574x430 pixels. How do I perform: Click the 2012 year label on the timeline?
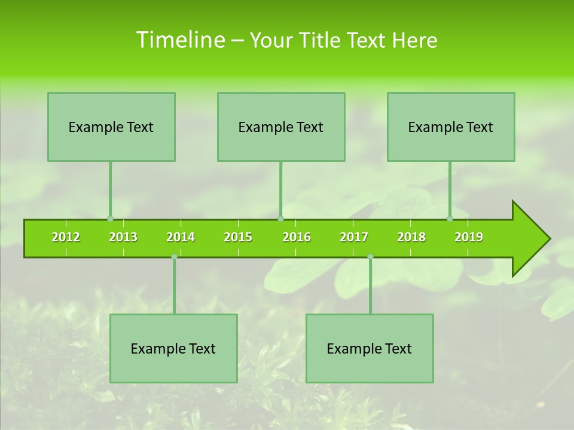click(66, 238)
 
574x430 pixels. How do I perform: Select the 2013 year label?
click(123, 238)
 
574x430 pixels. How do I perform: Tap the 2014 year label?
click(181, 238)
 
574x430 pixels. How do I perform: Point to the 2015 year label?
click(238, 238)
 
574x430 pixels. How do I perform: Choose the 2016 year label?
click(297, 238)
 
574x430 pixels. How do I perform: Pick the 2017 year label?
click(354, 238)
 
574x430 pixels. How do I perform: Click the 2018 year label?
click(411, 238)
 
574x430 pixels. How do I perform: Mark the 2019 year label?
click(469, 238)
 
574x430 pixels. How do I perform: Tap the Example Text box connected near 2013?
click(111, 127)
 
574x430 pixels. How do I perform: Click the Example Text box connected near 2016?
click(281, 127)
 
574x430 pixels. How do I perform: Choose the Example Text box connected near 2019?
click(451, 127)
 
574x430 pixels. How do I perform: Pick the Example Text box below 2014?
click(173, 348)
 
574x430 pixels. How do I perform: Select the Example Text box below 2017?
click(370, 348)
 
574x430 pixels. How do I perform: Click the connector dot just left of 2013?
click(110, 219)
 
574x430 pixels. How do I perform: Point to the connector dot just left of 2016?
click(280, 219)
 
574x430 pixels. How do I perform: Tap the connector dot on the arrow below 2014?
click(174, 257)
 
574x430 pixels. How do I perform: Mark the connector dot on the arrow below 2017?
click(370, 257)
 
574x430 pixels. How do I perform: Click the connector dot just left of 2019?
click(450, 219)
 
